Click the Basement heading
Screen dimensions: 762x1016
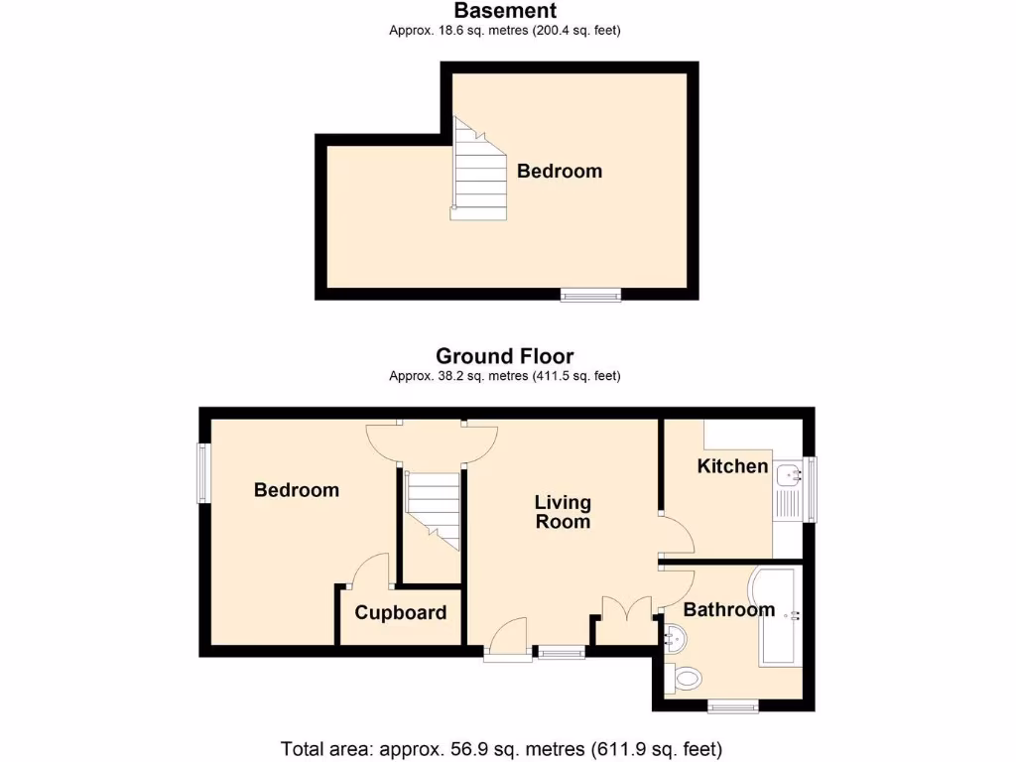[x=505, y=11]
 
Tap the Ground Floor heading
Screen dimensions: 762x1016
[x=505, y=356]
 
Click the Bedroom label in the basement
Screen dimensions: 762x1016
[x=560, y=172]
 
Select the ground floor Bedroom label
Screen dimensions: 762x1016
[x=296, y=490]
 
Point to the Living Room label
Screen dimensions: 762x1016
[x=563, y=512]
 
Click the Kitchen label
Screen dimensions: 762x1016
[x=732, y=466]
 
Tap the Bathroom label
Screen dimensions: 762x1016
[x=728, y=610]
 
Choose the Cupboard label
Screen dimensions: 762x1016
[x=401, y=613]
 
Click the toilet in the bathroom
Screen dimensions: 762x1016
[x=685, y=679]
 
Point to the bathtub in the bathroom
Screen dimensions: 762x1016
[x=778, y=616]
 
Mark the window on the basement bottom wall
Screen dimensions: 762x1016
[x=590, y=295]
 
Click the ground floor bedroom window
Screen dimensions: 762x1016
[x=204, y=473]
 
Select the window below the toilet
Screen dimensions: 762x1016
[x=734, y=707]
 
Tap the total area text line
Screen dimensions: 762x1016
[x=501, y=748]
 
